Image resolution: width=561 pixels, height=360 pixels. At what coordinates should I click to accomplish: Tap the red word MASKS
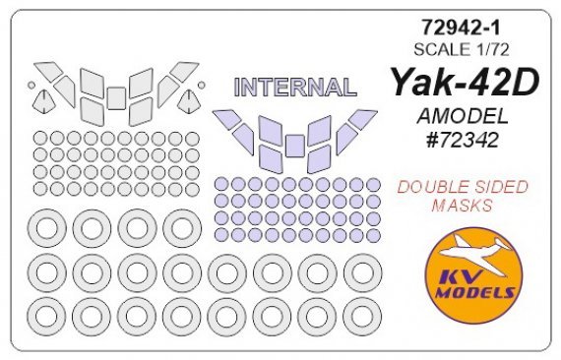click(460, 207)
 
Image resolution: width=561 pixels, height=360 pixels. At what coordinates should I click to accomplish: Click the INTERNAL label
click(294, 88)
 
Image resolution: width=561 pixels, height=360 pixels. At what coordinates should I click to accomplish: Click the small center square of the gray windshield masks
click(116, 96)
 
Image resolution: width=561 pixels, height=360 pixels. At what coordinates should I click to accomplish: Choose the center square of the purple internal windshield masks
click(294, 147)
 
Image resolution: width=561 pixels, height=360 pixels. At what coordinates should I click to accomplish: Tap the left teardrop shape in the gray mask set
click(42, 98)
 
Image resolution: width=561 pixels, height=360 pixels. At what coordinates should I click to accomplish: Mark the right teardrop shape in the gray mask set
click(190, 98)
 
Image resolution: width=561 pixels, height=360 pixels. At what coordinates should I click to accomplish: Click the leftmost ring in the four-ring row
click(45, 228)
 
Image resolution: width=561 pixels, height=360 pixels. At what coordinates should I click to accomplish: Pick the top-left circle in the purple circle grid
click(222, 184)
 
